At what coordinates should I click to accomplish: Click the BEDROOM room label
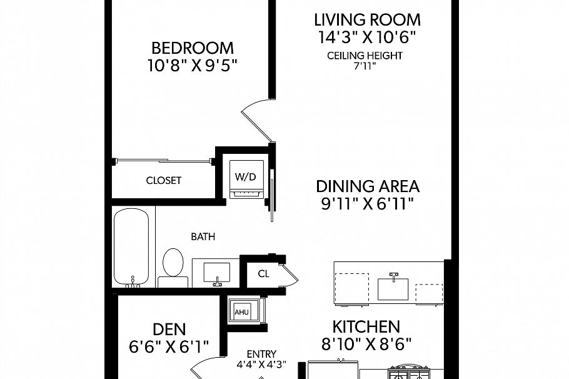point(193,48)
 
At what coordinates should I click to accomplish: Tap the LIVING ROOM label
point(367,20)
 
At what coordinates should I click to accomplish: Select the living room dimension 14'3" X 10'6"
point(367,37)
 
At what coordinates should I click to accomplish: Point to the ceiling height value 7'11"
point(365,66)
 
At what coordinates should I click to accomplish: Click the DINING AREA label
point(368,186)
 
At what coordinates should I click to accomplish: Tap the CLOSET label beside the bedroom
point(163,180)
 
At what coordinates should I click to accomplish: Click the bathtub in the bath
point(131,248)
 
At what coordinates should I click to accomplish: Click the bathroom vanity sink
point(216,273)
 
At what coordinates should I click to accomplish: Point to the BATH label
point(203,236)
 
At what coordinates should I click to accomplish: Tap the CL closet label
point(263,274)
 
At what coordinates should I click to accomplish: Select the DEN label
point(169,330)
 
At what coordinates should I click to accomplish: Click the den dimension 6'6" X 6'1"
point(169,346)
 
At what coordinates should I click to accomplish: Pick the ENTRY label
point(261,354)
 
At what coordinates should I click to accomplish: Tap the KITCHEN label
point(366,326)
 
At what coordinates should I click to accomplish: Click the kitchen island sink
point(393,287)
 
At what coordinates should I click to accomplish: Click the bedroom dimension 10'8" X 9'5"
point(193,66)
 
